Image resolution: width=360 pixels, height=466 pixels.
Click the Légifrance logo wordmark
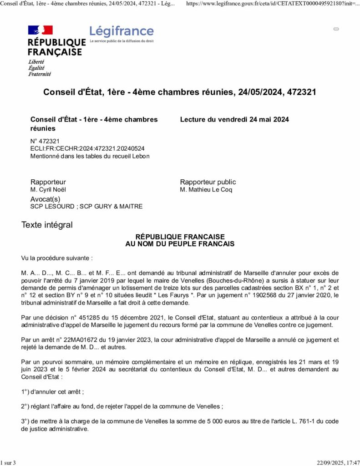pos(122,31)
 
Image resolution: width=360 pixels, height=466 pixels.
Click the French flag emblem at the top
pos(41,30)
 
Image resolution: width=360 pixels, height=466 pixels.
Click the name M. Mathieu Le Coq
pos(206,190)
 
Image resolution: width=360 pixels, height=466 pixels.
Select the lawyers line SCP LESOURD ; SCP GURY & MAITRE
pos(86,207)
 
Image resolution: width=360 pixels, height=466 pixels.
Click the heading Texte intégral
pos(47,225)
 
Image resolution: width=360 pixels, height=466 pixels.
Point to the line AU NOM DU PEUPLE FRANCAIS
pos(180,244)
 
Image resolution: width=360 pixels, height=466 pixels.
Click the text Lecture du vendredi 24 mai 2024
pos(234,120)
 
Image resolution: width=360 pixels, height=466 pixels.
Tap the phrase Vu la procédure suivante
pos(57,258)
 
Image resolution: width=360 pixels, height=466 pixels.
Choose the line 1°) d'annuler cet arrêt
pos(52,391)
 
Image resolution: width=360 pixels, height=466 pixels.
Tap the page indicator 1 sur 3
pos(8,463)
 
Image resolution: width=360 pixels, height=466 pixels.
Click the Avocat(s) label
pos(45,199)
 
